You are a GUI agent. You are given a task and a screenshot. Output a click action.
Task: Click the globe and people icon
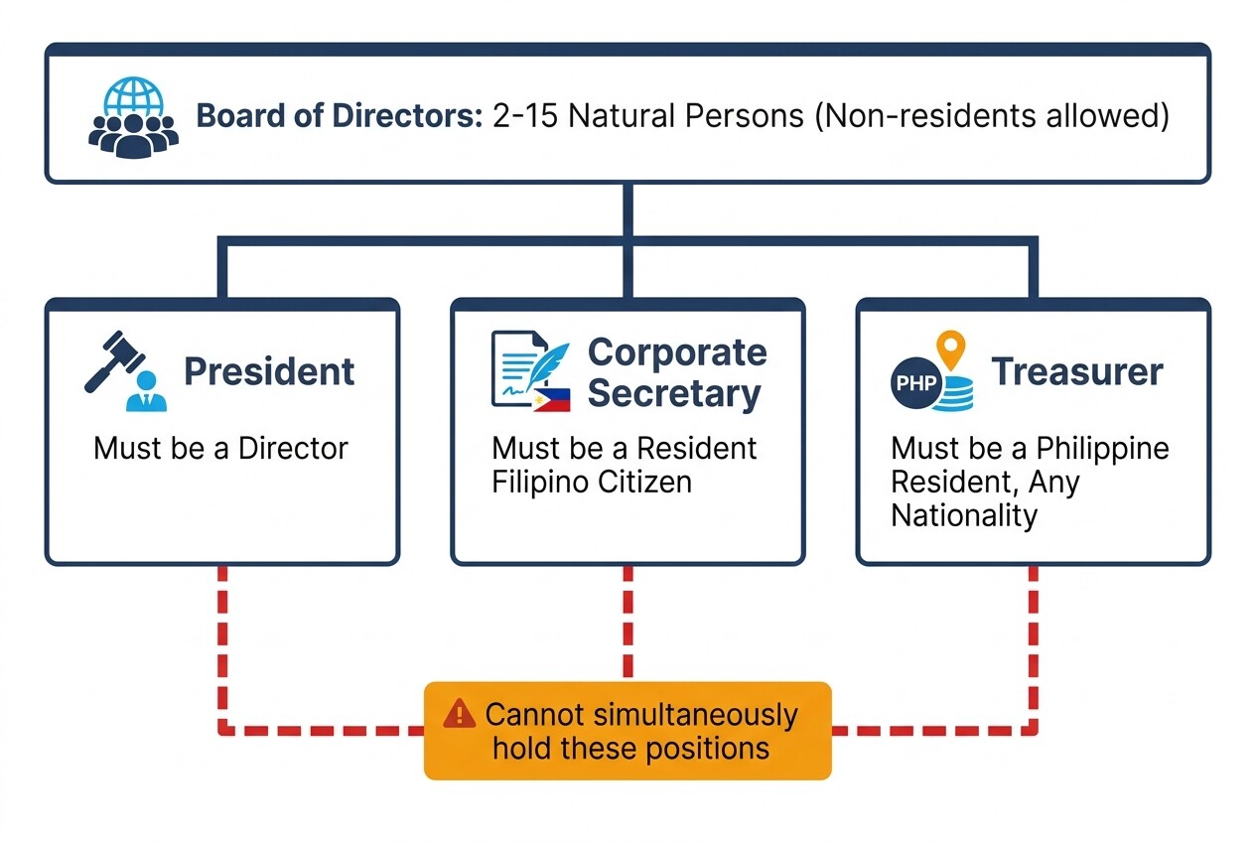point(134,117)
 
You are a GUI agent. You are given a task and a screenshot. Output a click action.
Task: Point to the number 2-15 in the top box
point(525,115)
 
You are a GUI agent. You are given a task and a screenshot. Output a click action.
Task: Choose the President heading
point(269,371)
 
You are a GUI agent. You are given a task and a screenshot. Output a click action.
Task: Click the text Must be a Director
point(220,448)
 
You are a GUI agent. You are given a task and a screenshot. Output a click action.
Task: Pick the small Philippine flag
point(551,400)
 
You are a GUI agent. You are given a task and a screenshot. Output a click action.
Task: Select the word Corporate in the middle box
point(677,352)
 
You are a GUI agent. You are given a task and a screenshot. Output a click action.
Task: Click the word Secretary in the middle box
point(674,394)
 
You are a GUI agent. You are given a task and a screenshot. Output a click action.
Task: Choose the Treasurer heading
point(1077,371)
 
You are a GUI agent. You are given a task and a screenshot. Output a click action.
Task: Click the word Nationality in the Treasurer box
point(963,515)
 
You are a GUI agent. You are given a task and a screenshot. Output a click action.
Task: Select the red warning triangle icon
point(459,713)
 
